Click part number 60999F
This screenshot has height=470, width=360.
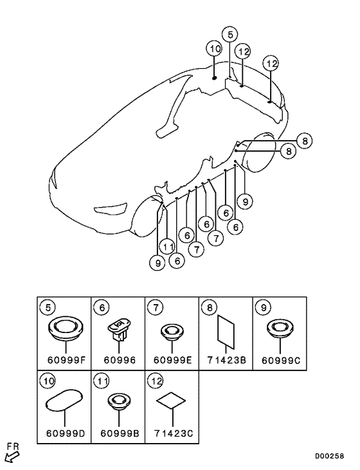pos(67,359)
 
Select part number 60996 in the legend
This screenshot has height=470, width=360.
pos(120,359)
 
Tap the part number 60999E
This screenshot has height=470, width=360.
pos(172,359)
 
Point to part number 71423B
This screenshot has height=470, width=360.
pos(226,359)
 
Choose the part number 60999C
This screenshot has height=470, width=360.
pos(281,360)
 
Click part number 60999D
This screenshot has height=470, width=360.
pos(66,433)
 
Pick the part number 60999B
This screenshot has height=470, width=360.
pos(120,433)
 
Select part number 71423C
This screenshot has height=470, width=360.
pos(174,433)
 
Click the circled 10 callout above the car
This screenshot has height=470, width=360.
pos(214,49)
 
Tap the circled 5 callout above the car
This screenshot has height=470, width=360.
pos(230,35)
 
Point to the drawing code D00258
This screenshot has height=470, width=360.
pos(329,456)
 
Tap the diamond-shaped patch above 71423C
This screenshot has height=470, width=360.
pos(171,401)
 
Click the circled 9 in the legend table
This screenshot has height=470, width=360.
pos(264,307)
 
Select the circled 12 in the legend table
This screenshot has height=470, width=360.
pos(156,381)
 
